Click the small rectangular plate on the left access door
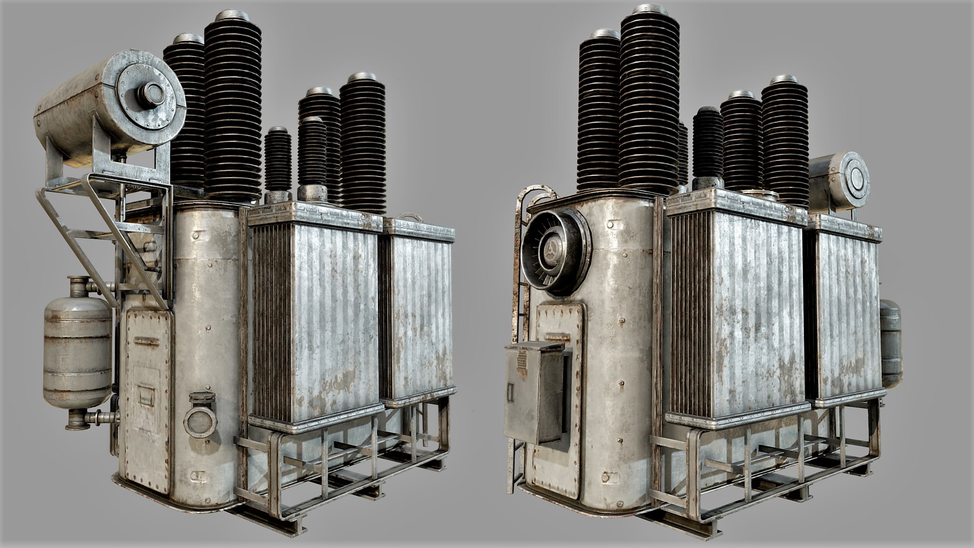click(x=147, y=393)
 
